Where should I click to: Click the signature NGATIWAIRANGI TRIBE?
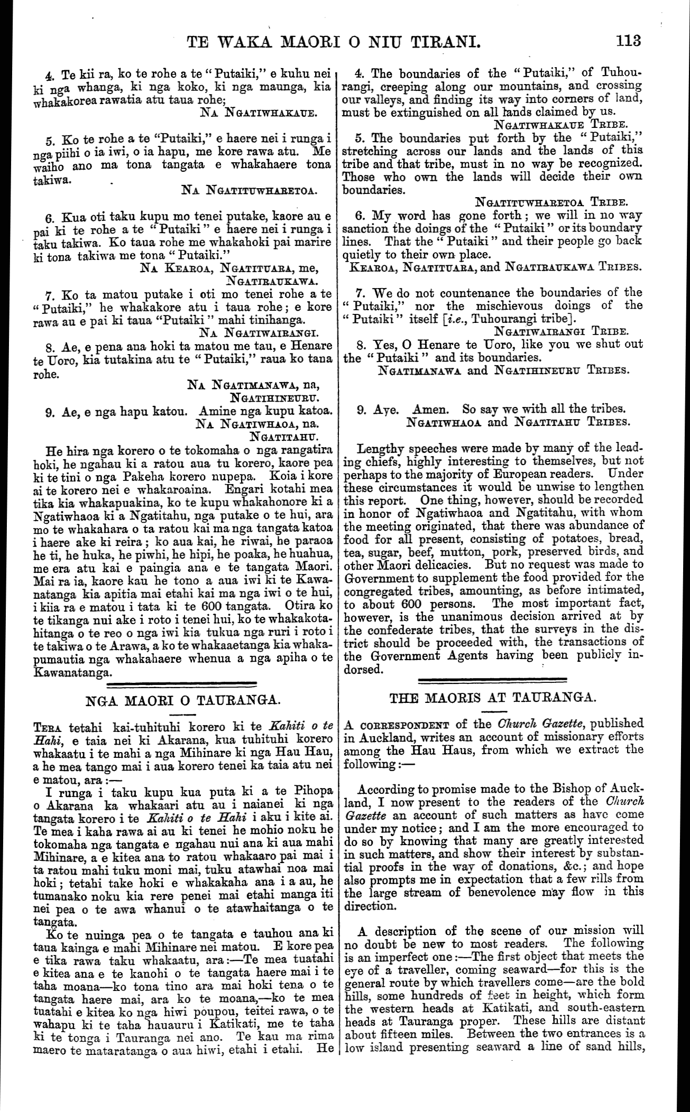coord(560,332)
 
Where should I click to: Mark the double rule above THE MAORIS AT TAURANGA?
coord(493,679)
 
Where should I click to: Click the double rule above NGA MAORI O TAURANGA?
coord(182,685)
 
